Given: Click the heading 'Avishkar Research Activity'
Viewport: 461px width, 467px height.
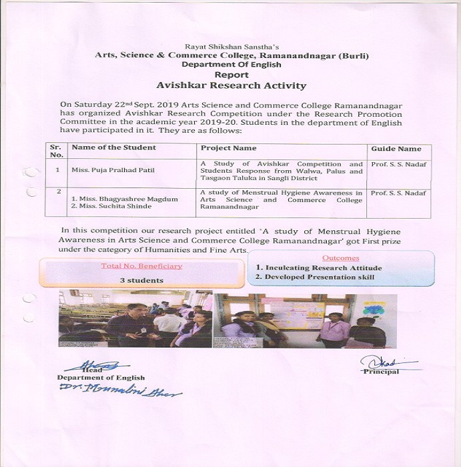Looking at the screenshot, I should (231, 85).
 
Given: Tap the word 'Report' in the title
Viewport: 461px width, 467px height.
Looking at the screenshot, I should (231, 75).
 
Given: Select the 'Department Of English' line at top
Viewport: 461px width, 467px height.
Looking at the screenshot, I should (231, 65).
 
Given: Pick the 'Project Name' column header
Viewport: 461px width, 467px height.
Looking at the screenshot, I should (229, 147).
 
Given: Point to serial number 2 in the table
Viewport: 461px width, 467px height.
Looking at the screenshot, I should (59, 192).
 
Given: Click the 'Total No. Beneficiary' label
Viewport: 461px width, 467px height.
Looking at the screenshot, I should (141, 266).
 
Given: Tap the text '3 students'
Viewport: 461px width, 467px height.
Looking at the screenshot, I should (141, 280).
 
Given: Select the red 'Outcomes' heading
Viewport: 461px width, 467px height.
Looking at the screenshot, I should (340, 258).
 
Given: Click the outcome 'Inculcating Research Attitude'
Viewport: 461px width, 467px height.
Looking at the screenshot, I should (314, 268).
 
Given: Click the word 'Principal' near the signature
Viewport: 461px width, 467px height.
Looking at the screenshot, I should (381, 372).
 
